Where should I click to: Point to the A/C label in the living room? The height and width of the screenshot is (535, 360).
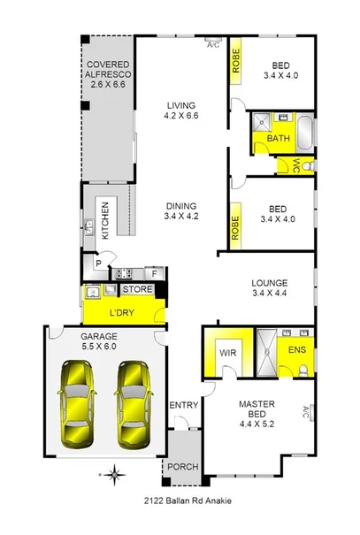tap(212, 44)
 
